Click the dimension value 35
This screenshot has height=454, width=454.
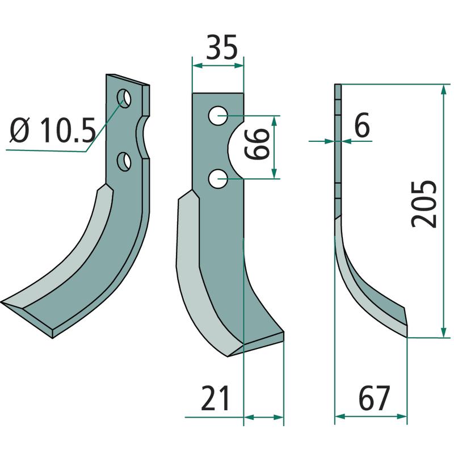(222, 47)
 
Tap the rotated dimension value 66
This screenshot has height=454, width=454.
(257, 144)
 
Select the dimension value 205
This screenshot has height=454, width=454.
(424, 204)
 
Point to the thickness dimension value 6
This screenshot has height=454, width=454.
(362, 125)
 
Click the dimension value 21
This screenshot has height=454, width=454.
(216, 398)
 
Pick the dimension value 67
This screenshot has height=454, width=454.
(374, 398)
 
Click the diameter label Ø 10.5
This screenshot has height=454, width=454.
(53, 131)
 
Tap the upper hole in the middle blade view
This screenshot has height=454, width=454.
(218, 116)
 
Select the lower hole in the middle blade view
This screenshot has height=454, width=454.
(218, 179)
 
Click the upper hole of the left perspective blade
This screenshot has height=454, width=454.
(124, 98)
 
